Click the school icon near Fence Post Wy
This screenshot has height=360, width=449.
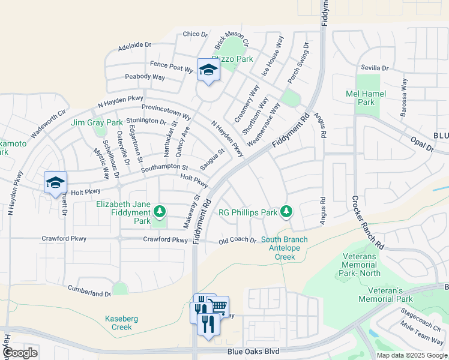coord(208,70)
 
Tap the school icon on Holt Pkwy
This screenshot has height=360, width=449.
coord(55,182)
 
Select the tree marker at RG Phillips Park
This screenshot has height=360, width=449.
coord(287,211)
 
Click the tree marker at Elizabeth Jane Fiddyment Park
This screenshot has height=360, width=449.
coord(159,211)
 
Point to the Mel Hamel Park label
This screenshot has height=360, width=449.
coord(360,98)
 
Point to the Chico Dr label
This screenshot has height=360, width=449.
coord(194,34)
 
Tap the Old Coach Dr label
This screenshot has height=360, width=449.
coord(237,241)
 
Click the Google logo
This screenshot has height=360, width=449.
coord(20,353)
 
